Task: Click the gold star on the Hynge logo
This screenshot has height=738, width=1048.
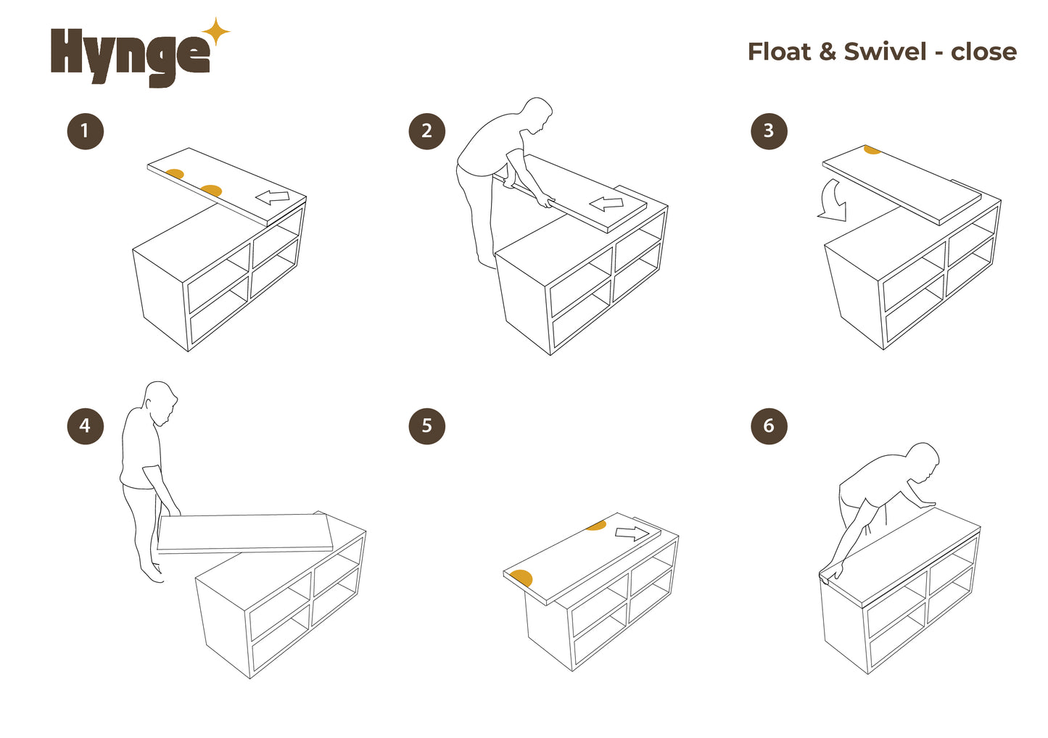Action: [215, 32]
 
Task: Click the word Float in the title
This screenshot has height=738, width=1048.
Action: [779, 51]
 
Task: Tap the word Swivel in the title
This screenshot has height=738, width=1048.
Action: [886, 51]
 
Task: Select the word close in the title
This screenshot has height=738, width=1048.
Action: [984, 51]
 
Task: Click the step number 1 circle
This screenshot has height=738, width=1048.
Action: [85, 131]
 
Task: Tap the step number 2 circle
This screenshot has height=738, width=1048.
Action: [426, 131]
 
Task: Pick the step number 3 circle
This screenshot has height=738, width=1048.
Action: [770, 131]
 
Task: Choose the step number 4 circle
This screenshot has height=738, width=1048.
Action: [85, 426]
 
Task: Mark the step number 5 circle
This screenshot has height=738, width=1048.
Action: [426, 426]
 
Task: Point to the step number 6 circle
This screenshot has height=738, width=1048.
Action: [770, 426]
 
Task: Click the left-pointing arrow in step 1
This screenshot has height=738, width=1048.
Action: [272, 197]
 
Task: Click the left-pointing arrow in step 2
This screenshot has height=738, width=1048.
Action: [606, 204]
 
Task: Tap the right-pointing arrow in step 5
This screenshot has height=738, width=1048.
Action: [632, 534]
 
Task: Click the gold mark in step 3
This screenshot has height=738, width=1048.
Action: [872, 149]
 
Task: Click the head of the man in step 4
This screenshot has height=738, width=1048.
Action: [160, 402]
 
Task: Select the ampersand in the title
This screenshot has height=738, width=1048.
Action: [828, 52]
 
